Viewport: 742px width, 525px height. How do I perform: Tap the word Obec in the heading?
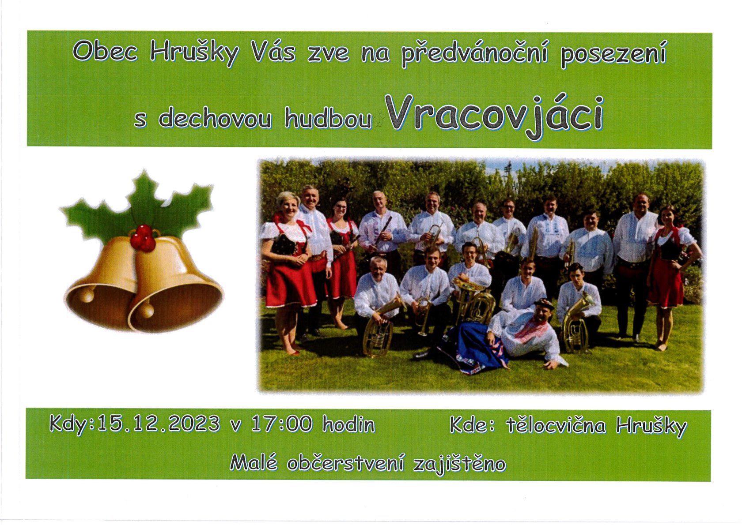[x=105, y=52]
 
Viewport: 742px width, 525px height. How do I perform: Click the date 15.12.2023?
[x=158, y=424]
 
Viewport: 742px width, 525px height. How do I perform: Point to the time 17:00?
[x=282, y=424]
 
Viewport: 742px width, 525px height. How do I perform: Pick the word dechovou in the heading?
[x=215, y=119]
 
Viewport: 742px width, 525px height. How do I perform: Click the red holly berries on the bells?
[x=142, y=238]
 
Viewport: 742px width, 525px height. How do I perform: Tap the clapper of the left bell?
[x=87, y=294]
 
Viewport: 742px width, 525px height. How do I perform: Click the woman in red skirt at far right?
[x=669, y=265]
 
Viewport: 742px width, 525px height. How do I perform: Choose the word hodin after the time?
[x=348, y=424]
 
